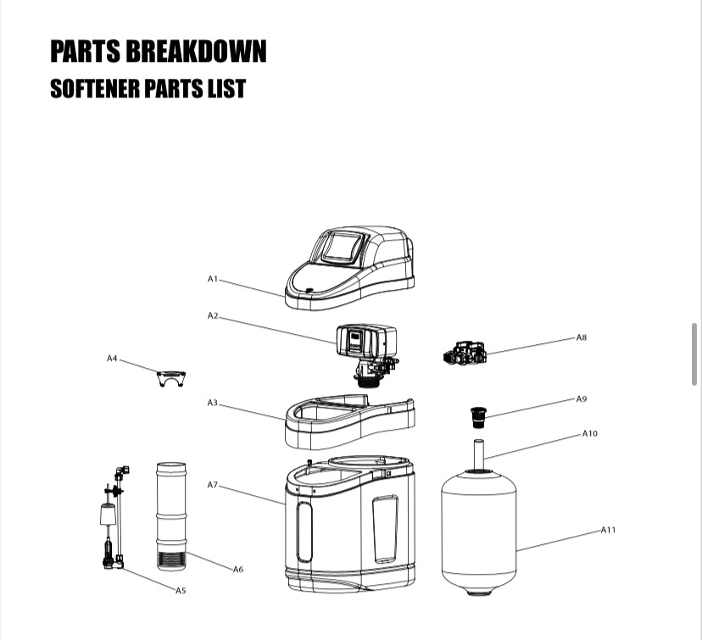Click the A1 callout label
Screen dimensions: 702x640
click(213, 278)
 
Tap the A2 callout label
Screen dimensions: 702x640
click(213, 315)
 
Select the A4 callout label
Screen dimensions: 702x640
click(112, 359)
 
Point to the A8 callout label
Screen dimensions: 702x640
click(581, 337)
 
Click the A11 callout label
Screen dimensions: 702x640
click(608, 530)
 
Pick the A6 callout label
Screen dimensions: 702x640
click(238, 569)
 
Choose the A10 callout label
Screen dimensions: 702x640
click(589, 433)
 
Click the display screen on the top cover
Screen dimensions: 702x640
click(343, 247)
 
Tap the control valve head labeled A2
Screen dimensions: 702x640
click(365, 343)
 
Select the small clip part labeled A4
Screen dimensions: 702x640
click(170, 378)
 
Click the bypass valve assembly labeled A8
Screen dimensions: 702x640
click(465, 353)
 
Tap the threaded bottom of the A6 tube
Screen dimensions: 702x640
click(172, 560)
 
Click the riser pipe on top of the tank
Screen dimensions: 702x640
click(478, 453)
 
